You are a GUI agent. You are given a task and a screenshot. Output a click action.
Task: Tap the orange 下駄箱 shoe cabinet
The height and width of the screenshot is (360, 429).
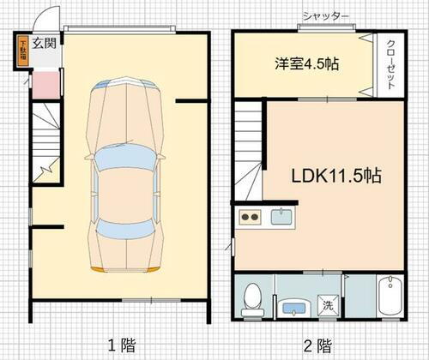[x=22, y=49]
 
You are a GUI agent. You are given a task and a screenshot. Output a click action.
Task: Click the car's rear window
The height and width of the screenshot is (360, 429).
[x=125, y=227]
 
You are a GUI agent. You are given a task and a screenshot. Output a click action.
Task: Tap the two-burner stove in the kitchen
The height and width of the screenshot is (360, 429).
[x=251, y=217]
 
